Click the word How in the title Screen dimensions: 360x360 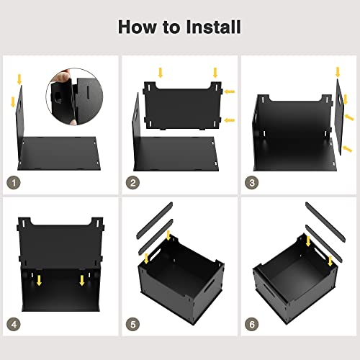[137, 27]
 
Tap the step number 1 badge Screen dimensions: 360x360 [14, 183]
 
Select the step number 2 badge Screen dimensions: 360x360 [132, 183]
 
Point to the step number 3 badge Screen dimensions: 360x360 [252, 183]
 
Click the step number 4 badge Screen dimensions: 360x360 [14, 325]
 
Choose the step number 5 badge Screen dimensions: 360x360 [132, 325]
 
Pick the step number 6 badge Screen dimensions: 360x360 [252, 325]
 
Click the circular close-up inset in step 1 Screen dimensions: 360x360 [74, 96]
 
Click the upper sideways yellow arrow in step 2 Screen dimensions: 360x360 [230, 91]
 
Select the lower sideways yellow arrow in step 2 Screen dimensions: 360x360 [230, 120]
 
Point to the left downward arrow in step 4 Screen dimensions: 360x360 [39, 280]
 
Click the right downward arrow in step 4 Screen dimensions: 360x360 [82, 280]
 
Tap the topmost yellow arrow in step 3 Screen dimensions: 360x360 [338, 72]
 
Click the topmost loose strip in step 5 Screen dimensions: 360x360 [155, 220]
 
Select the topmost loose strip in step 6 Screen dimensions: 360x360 [325, 222]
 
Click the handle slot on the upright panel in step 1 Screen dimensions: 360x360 [19, 104]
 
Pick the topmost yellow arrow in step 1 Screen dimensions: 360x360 [19, 79]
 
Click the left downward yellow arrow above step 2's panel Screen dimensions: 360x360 [161, 73]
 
